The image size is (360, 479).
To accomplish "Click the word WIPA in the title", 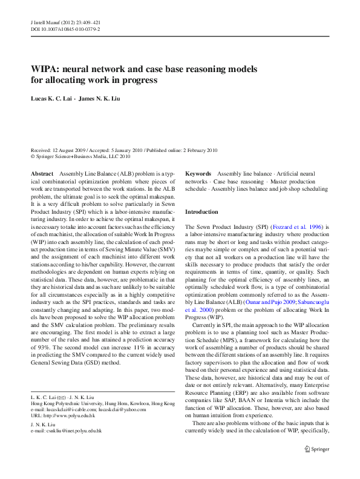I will coord(45,69).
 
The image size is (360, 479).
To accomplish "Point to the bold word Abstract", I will coord(42,173).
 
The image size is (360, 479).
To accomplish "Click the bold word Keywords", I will coord(198,173).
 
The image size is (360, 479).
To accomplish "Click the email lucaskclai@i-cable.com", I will coord(78,409).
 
